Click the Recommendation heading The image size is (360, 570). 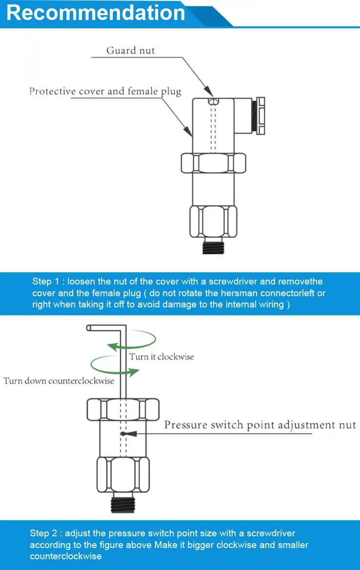point(96,13)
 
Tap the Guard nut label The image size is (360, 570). point(131,50)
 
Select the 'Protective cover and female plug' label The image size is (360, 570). point(105,91)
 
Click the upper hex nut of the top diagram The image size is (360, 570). point(213,163)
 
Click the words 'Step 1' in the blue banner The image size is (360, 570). point(48,282)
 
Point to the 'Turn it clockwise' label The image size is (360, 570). point(161,357)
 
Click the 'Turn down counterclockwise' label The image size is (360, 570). point(59,381)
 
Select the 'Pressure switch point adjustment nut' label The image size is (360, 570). point(260,425)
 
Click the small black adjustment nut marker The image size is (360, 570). point(125,433)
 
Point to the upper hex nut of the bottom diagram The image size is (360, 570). point(123,409)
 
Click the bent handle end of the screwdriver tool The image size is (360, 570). point(89,327)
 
